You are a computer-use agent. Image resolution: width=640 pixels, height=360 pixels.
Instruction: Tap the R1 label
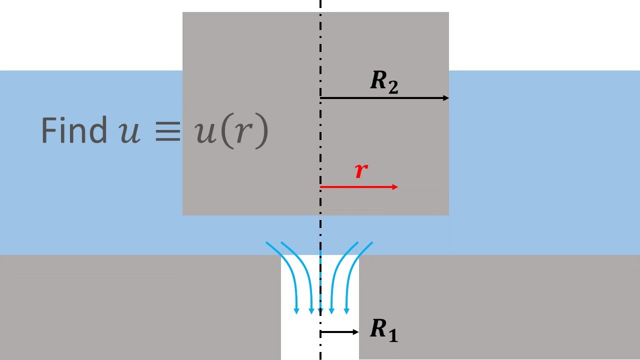(x=384, y=330)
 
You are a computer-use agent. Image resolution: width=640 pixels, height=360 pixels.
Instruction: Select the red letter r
(x=361, y=171)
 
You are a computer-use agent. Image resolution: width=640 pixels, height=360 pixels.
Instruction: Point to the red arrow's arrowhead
(x=395, y=187)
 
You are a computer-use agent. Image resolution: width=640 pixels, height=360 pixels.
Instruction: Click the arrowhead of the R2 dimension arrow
(x=446, y=98)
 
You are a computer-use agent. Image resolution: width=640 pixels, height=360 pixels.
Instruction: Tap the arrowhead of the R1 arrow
(x=356, y=332)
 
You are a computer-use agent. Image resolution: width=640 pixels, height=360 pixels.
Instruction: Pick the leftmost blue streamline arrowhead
(x=296, y=311)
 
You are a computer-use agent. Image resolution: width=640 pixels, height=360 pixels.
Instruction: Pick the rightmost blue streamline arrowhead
(x=346, y=311)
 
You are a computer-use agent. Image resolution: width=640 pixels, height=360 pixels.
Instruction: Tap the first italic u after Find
(x=129, y=131)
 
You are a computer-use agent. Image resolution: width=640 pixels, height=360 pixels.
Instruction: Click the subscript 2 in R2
(x=393, y=88)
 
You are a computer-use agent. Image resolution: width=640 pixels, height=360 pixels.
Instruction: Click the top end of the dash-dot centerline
(x=320, y=2)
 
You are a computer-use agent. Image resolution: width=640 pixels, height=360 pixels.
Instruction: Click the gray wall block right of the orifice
(x=500, y=310)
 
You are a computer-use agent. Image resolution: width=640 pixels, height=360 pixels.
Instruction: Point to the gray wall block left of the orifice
(x=140, y=310)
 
